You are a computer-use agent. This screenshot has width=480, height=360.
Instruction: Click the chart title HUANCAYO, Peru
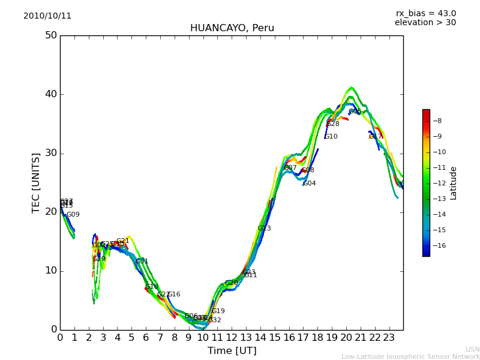232,28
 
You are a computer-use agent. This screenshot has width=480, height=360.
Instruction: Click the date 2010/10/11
47,16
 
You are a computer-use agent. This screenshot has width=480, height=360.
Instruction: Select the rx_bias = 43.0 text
425,14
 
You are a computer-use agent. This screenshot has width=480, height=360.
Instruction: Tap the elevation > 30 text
425,23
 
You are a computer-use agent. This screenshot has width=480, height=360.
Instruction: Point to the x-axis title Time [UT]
232,351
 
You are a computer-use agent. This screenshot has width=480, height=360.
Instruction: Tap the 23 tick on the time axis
389,338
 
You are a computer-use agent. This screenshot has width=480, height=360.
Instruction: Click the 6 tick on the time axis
146,338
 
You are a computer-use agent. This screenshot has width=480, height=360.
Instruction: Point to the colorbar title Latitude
454,183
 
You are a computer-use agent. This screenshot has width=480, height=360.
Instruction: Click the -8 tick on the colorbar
437,121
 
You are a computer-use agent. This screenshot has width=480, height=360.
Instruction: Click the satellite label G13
265,229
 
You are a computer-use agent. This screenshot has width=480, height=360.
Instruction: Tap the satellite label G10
331,137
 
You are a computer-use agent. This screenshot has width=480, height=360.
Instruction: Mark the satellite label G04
310,184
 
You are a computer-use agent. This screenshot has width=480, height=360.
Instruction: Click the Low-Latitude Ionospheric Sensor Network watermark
410,357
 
